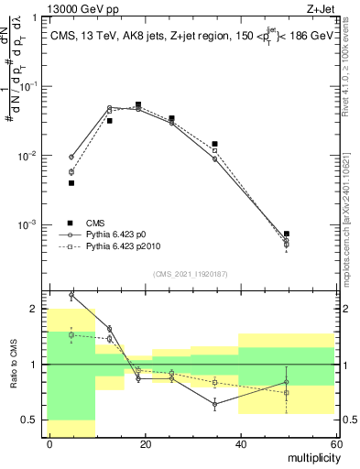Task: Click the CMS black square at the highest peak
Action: click(x=137, y=104)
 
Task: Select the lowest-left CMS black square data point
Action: click(x=71, y=182)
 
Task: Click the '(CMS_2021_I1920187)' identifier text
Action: click(x=190, y=272)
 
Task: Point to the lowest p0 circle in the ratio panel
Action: click(x=215, y=403)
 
